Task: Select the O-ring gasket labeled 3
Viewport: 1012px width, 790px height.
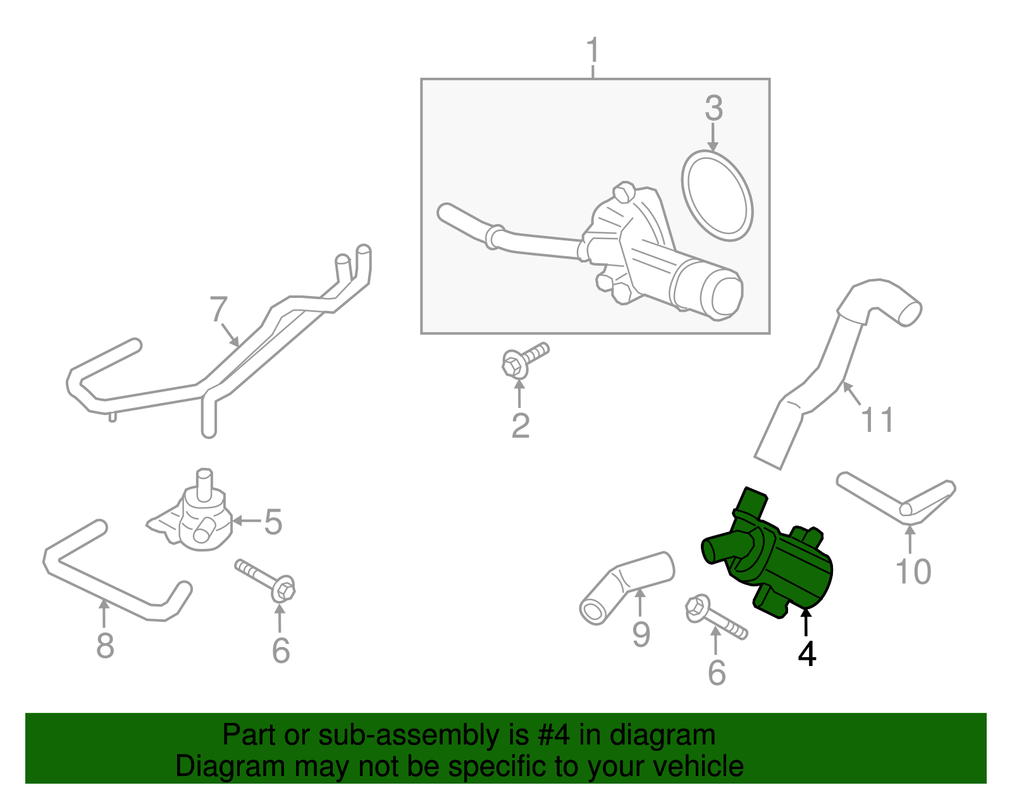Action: pos(717,195)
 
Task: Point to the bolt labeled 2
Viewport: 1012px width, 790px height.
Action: pos(524,360)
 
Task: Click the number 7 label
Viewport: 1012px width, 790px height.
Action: pos(218,310)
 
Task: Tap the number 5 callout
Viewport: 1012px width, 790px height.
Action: pos(273,522)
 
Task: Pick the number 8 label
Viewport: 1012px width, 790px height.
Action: pos(105,646)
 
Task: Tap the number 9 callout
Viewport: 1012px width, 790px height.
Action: pos(641,634)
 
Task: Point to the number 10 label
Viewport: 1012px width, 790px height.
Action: pos(913,572)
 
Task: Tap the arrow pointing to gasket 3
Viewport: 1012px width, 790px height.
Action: pos(713,137)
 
